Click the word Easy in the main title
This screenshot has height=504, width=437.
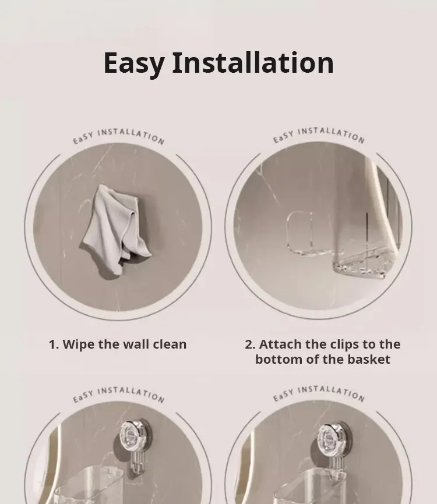tap(134, 64)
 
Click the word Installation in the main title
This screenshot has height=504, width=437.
tap(253, 63)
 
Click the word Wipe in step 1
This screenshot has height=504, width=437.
tap(79, 345)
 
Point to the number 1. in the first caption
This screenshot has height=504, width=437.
tap(54, 345)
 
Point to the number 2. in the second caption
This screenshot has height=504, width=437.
tap(250, 345)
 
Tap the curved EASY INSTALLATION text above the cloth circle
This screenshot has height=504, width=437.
tap(118, 136)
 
